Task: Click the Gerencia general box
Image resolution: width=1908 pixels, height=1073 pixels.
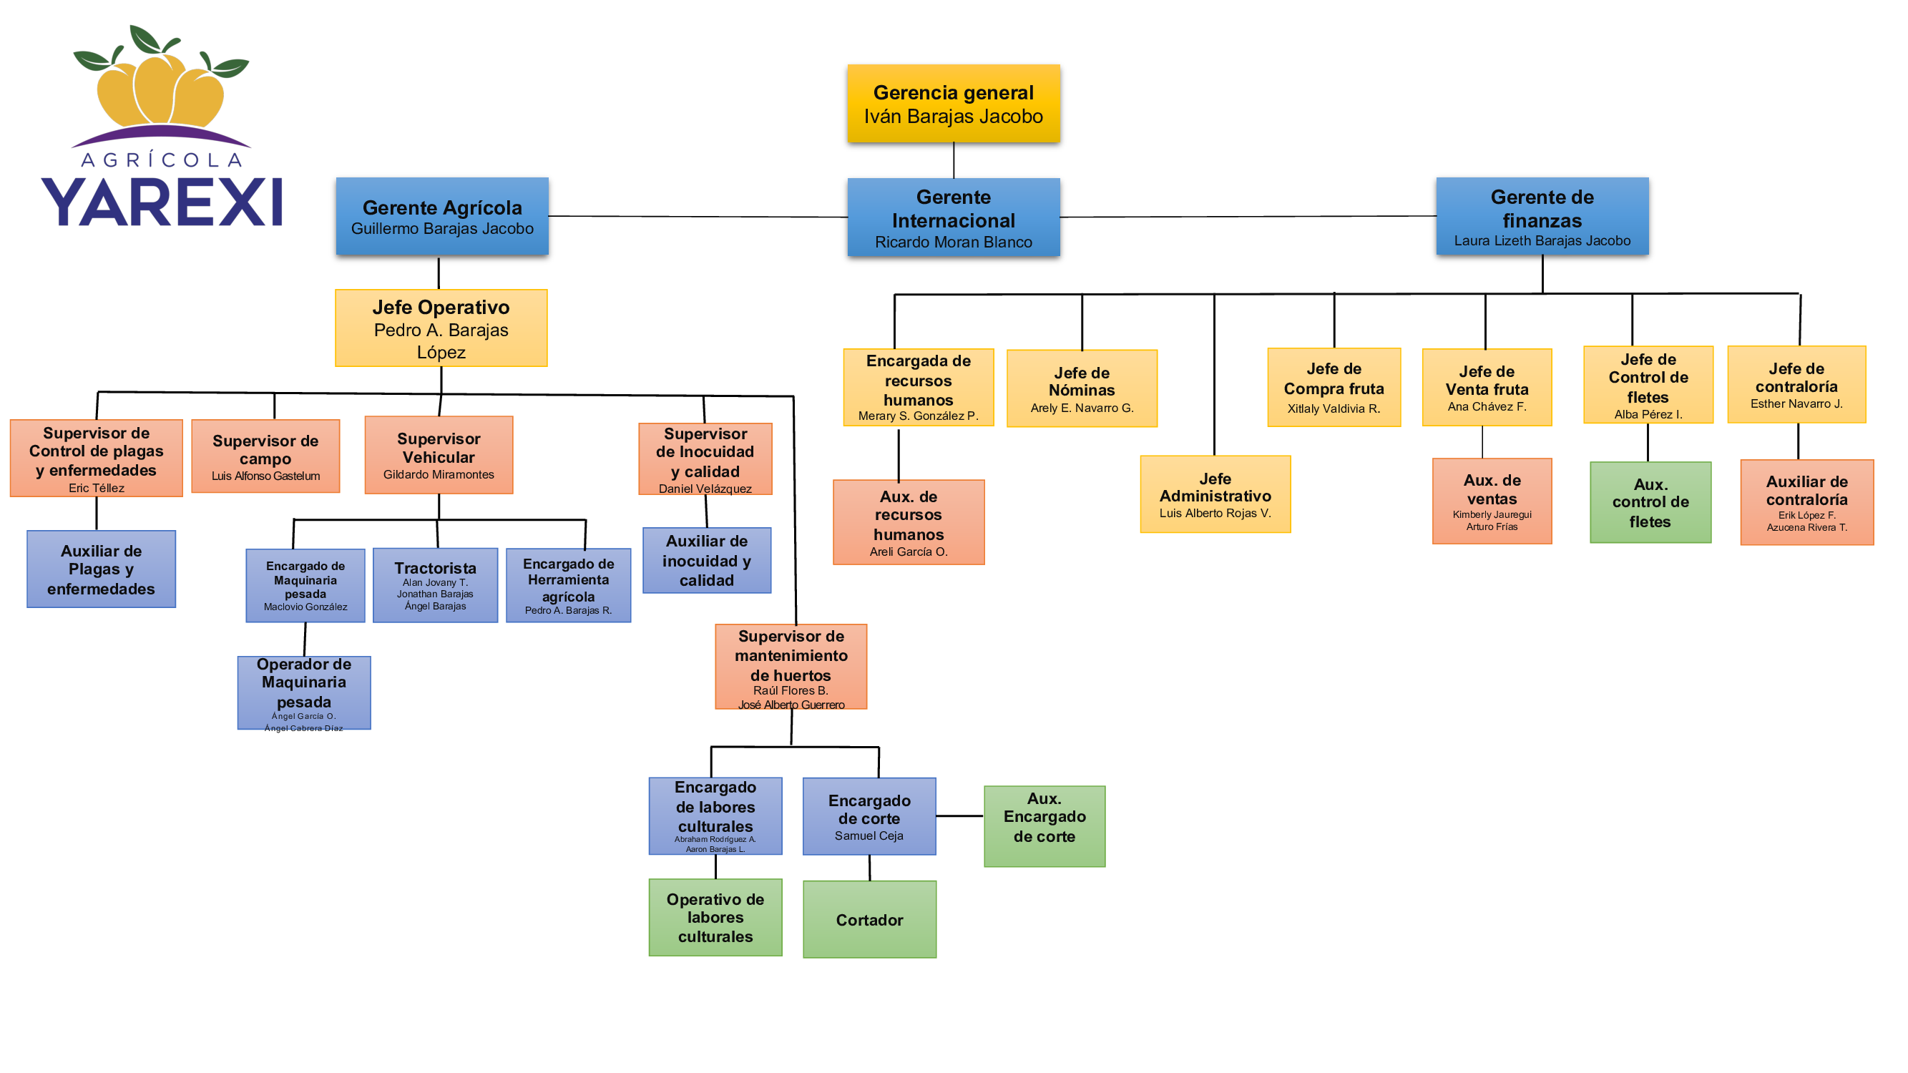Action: pyautogui.click(x=953, y=103)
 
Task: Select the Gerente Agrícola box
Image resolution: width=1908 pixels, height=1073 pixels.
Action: pyautogui.click(x=442, y=216)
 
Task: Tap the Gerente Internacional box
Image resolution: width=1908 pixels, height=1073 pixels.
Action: pyautogui.click(x=953, y=217)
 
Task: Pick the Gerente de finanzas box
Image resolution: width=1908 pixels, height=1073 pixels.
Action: pyautogui.click(x=1542, y=216)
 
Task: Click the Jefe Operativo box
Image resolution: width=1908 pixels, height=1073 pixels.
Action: pyautogui.click(x=441, y=328)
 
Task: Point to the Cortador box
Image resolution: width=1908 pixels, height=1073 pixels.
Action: pyautogui.click(x=869, y=919)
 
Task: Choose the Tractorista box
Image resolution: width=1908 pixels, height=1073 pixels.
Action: pyautogui.click(x=435, y=585)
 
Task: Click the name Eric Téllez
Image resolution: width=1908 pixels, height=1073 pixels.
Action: pyautogui.click(x=97, y=488)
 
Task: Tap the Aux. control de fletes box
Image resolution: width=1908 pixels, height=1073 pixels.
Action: pyautogui.click(x=1650, y=502)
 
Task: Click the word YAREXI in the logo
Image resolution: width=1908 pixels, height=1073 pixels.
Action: pyautogui.click(x=162, y=202)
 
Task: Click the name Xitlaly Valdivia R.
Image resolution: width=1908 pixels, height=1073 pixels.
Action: pyautogui.click(x=1334, y=408)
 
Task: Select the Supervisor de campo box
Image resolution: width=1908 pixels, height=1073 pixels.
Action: pyautogui.click(x=265, y=456)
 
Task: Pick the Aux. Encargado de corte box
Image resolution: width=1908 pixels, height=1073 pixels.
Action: pyautogui.click(x=1044, y=825)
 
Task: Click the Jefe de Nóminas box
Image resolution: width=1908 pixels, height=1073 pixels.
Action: pyautogui.click(x=1082, y=388)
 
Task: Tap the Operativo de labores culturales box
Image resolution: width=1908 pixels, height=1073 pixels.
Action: pyautogui.click(x=715, y=917)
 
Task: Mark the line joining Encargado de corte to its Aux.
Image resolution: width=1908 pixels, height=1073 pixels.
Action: pyautogui.click(x=960, y=816)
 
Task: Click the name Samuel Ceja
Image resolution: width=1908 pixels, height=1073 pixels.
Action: pyautogui.click(x=869, y=836)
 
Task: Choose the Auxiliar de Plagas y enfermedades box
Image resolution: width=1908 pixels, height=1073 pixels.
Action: pyautogui.click(x=102, y=569)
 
